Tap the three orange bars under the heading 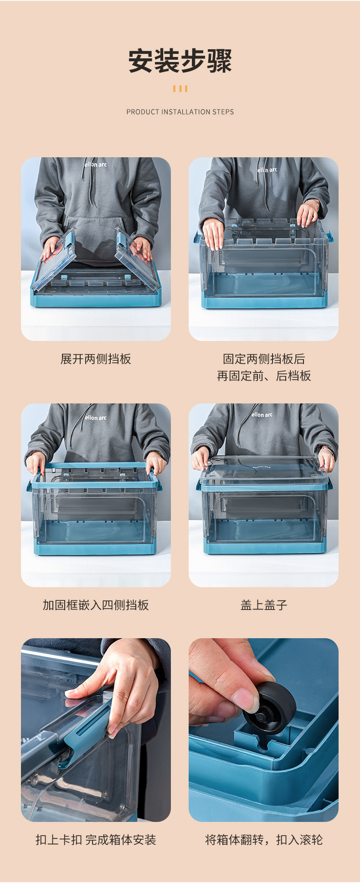click(180, 89)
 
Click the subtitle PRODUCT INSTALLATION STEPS click(180, 112)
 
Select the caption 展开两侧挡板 click(96, 359)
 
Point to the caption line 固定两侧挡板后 click(264, 359)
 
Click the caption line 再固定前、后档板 click(264, 376)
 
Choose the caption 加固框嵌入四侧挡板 click(96, 605)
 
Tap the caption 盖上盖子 click(264, 605)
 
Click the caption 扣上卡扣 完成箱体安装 click(96, 840)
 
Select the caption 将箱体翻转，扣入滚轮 click(264, 840)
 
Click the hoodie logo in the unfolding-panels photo click(96, 164)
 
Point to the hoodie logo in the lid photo click(262, 415)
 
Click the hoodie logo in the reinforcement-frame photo click(96, 418)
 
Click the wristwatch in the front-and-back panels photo click(314, 201)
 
